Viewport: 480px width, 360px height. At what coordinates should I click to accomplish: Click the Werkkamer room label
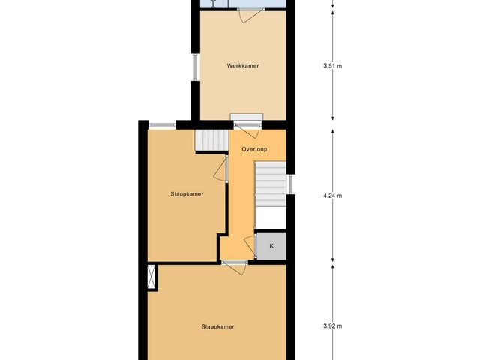[x=243, y=66]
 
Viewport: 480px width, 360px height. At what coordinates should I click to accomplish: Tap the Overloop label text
[x=254, y=149]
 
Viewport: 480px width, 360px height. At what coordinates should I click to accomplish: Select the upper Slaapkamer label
[x=187, y=193]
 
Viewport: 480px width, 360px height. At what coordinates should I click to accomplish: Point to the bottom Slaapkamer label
[x=218, y=326]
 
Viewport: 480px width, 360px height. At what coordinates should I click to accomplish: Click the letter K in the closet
[x=271, y=245]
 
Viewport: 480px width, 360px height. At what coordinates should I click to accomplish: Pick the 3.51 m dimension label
[x=332, y=66]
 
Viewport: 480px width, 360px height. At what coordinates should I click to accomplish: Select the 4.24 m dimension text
[x=332, y=196]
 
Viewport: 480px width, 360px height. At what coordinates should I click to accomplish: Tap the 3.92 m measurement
[x=332, y=326]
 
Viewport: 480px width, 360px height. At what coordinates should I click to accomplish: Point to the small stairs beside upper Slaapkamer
[x=211, y=140]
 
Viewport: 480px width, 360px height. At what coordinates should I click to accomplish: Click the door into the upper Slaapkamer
[x=223, y=169]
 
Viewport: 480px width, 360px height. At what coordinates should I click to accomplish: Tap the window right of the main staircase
[x=290, y=184]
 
